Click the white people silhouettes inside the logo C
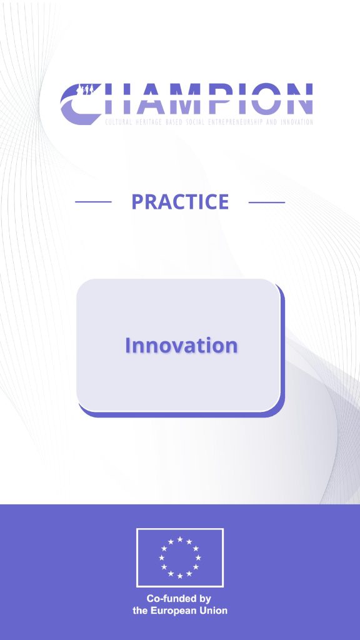pos(87,89)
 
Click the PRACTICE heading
pos(180,202)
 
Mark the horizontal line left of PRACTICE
pos(94,202)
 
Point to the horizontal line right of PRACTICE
pos(267,202)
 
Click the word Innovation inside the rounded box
pos(181,345)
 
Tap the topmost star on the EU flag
pos(180,539)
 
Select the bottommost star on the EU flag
pos(180,576)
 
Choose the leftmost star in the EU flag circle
pos(162,557)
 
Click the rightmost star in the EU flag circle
pos(198,557)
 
